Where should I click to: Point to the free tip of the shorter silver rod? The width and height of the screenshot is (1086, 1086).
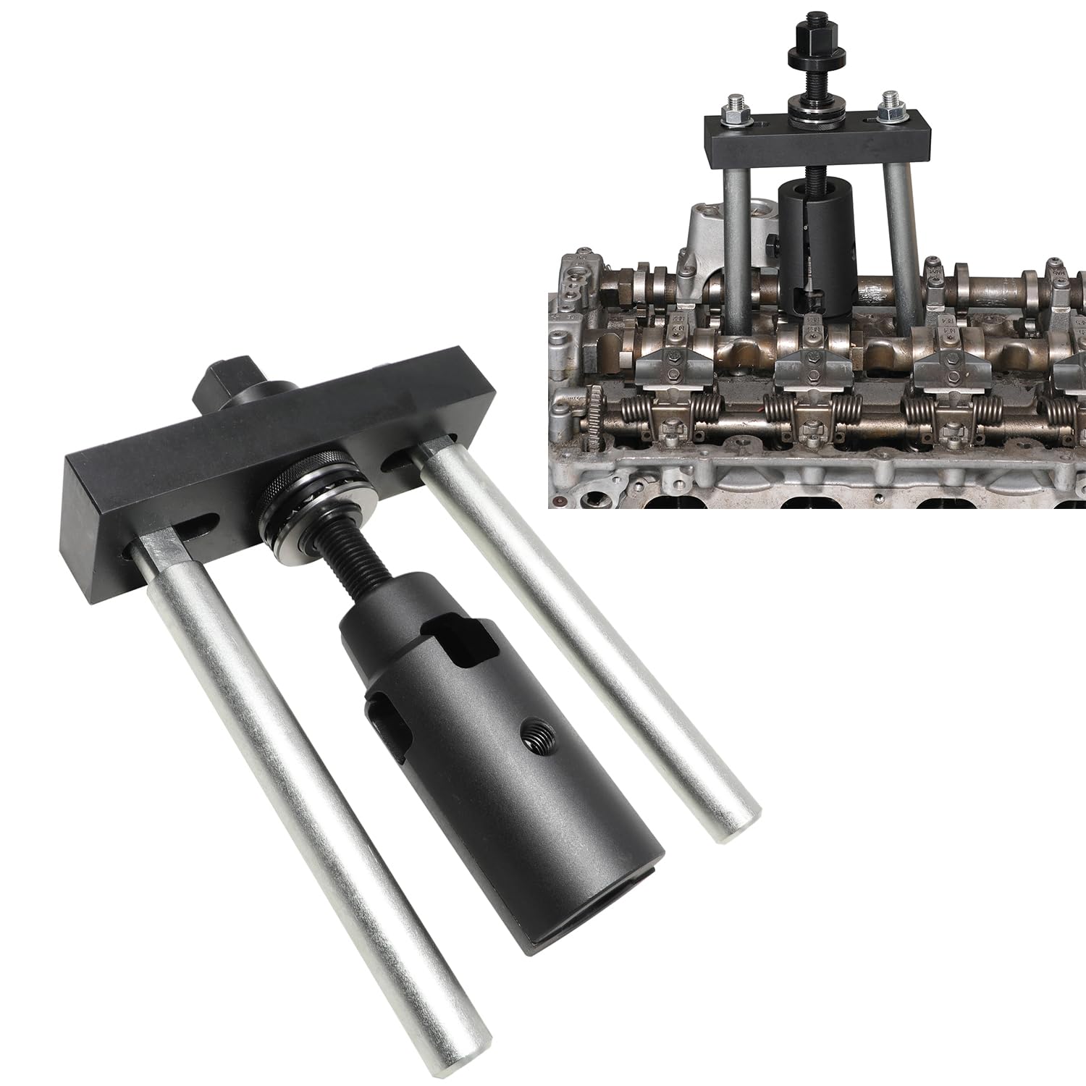pyautogui.click(x=731, y=825)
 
